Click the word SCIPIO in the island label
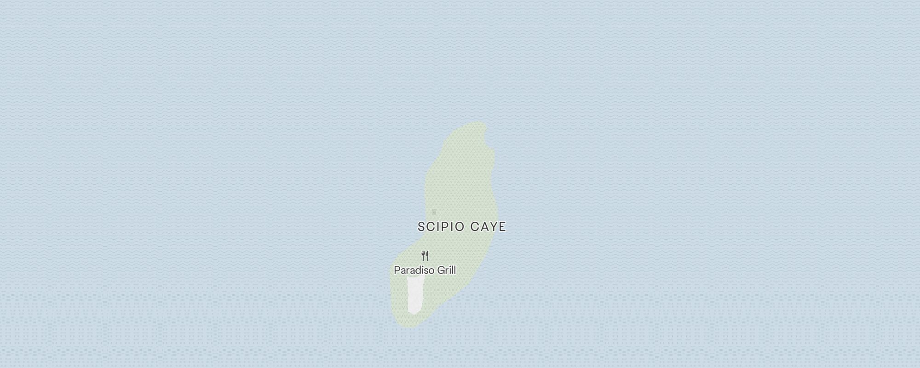(442, 227)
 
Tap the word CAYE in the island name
(488, 227)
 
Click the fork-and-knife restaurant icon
(425, 256)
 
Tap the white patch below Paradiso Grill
(415, 295)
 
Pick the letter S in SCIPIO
(421, 227)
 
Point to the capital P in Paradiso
(397, 270)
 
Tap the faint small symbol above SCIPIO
(434, 212)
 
